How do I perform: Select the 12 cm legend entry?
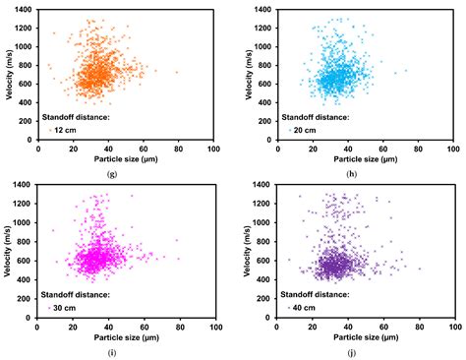[63, 130]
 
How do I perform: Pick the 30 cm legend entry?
[63, 307]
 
